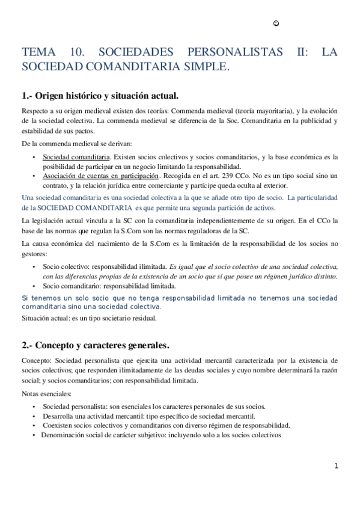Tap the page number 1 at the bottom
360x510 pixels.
coord(337,465)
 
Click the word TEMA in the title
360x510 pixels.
coord(38,52)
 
